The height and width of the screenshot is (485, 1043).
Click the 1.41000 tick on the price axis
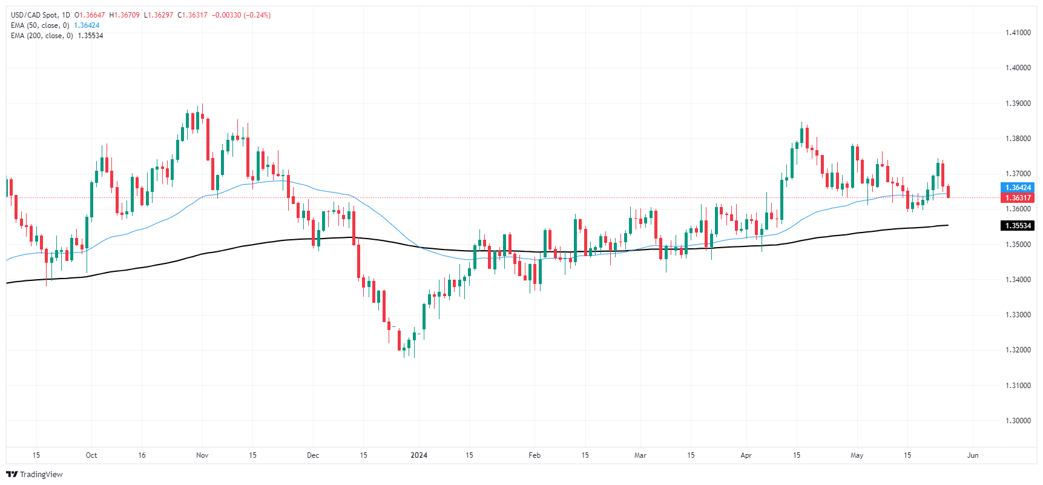click(1018, 33)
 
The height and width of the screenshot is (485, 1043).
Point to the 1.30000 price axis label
click(1018, 421)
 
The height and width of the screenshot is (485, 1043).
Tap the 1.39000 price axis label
click(1018, 104)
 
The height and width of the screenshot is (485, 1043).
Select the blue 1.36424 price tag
click(1018, 188)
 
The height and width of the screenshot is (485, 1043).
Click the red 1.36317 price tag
click(1018, 198)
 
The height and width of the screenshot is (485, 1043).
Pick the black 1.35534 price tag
click(1018, 226)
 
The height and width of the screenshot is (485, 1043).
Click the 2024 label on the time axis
click(419, 455)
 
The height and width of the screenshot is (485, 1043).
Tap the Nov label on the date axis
click(202, 455)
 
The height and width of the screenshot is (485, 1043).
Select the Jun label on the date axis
click(973, 455)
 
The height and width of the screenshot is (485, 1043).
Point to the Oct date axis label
click(91, 455)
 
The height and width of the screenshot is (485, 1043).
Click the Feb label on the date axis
click(534, 455)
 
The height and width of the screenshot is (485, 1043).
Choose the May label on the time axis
click(857, 455)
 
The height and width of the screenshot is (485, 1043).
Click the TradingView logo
click(35, 474)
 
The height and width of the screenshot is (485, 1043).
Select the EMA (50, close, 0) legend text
click(40, 25)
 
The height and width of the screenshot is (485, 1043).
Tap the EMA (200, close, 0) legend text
click(42, 36)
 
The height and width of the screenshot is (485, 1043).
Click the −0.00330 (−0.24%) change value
click(241, 15)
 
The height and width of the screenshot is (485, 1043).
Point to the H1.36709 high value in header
click(124, 15)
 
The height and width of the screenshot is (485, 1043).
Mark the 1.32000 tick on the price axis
click(1018, 350)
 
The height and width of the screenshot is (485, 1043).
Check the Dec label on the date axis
click(313, 455)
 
